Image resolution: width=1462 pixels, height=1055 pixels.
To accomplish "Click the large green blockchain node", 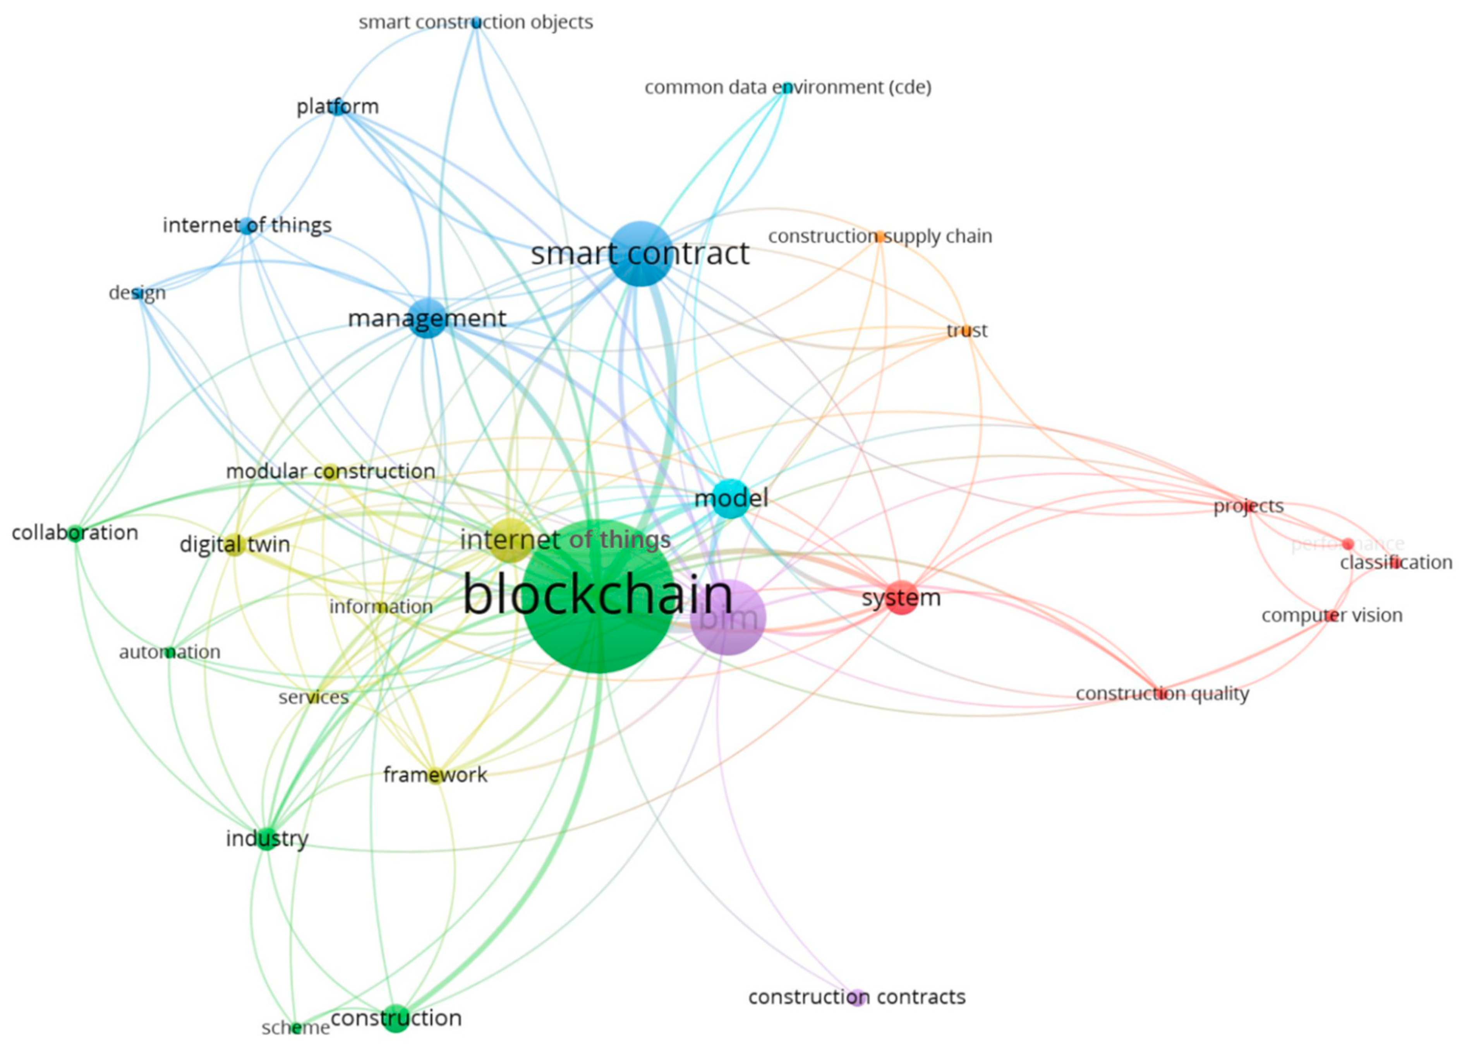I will point(598,596).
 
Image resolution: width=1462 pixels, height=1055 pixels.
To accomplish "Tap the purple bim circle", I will point(728,618).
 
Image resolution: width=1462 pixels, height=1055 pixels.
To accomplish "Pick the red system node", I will point(901,597).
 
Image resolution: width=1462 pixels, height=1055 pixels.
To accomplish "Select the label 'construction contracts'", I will point(857,997).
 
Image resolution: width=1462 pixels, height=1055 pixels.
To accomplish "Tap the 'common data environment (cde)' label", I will point(788,87).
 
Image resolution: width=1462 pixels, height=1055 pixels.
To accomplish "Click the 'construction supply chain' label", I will point(880,237).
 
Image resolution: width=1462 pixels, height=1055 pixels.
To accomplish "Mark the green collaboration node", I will point(75,533).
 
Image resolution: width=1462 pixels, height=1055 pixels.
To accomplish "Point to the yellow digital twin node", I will point(234,545).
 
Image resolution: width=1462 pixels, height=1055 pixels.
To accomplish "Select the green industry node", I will point(266,839).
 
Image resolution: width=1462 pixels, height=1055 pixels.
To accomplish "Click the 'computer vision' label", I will point(1332,616).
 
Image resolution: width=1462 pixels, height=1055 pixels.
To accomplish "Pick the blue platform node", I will point(338,107).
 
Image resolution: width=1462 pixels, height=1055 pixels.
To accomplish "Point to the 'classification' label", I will point(1396,563).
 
